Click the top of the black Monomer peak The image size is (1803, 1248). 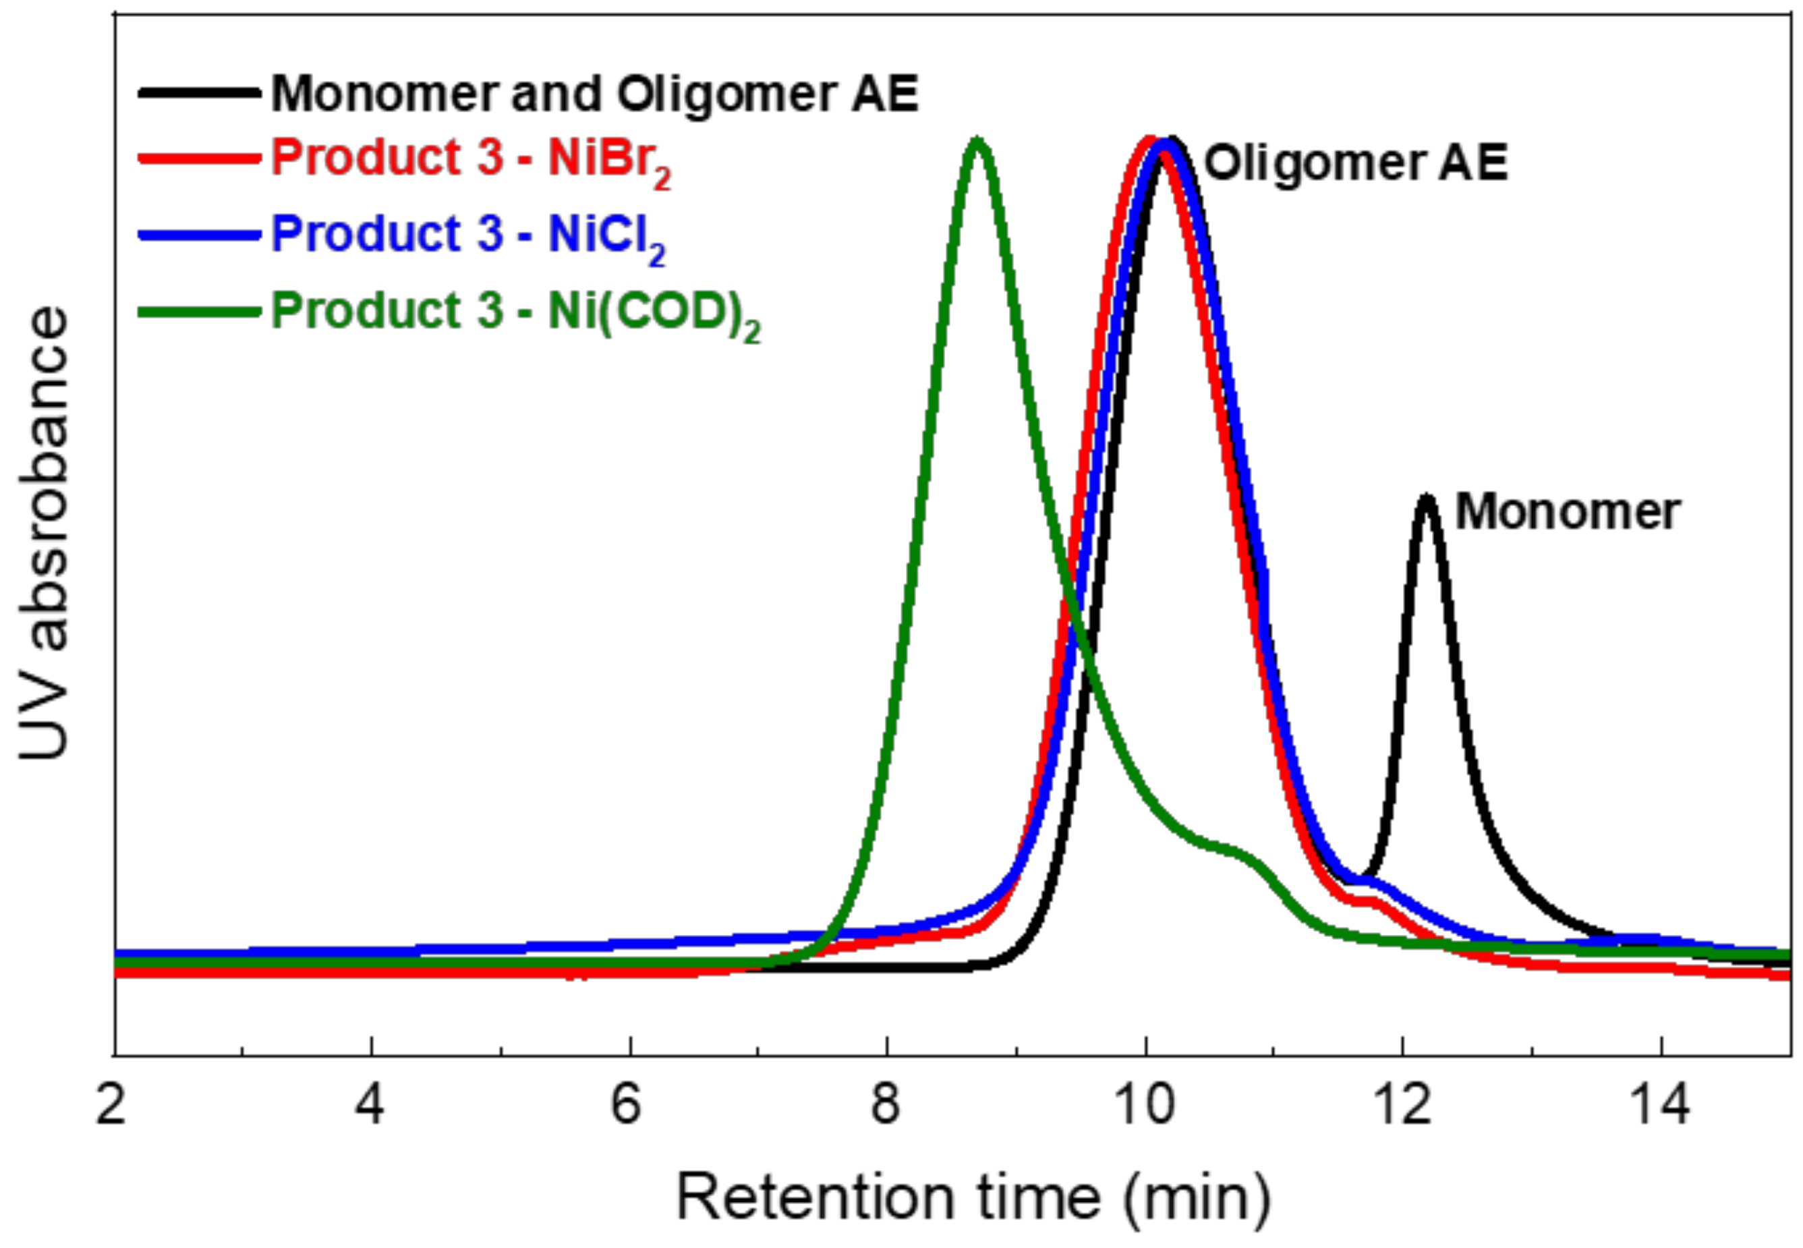[1427, 498]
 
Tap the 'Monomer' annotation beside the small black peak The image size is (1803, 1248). [1567, 512]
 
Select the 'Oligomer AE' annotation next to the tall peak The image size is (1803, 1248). [1355, 163]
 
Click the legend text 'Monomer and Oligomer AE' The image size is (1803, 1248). [594, 94]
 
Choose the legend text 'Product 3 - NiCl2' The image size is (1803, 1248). [467, 235]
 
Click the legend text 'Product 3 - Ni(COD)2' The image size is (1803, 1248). [515, 311]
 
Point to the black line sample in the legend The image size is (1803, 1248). [200, 93]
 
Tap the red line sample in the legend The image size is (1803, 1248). [200, 158]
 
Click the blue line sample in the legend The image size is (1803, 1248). [200, 235]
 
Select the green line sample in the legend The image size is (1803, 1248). [200, 311]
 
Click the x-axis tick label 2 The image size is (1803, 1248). [111, 1106]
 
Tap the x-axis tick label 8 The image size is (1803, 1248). [885, 1106]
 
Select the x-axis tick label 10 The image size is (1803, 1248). [1145, 1106]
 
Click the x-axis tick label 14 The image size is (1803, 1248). [1660, 1106]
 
